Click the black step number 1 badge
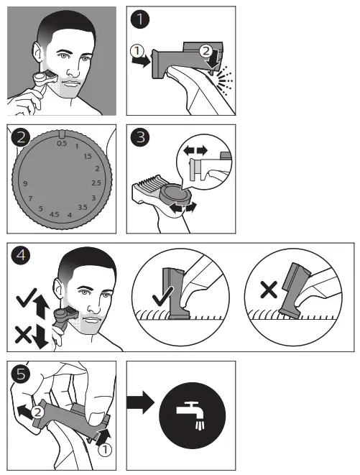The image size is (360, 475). point(140,19)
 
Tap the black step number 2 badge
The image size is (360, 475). point(21,138)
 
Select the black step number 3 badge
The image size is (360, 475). point(140,137)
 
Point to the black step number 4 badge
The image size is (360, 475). point(21,255)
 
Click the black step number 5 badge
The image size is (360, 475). point(21,374)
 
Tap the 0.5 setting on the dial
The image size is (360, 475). point(62,143)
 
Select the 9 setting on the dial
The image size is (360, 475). point(25,183)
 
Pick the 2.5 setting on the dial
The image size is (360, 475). point(96,183)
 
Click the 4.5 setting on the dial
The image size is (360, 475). point(54,214)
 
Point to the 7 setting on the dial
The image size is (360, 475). point(30,199)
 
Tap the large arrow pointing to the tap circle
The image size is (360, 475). point(141,402)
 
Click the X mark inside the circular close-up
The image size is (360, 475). point(269,290)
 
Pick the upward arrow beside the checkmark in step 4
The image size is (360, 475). point(42,307)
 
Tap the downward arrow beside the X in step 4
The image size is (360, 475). point(41,337)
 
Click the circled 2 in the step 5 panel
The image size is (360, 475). point(37,412)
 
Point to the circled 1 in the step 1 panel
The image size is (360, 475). point(137,51)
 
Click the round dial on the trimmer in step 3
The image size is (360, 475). point(176,198)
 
